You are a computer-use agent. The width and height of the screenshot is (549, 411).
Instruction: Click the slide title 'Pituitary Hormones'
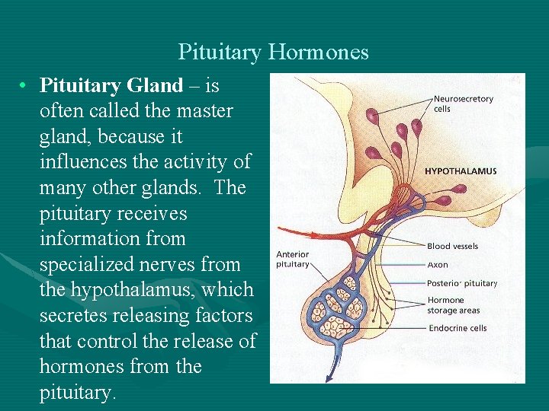click(x=273, y=52)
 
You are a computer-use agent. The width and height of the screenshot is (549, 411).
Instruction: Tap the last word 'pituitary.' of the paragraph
click(x=77, y=392)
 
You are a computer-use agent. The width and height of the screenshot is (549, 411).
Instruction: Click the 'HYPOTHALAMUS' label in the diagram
click(x=461, y=171)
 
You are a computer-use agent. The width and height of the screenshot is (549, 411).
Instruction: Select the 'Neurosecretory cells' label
click(x=463, y=104)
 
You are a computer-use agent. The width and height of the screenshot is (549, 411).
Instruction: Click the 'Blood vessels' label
click(x=452, y=246)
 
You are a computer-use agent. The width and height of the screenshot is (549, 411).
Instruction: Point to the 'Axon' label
click(x=438, y=265)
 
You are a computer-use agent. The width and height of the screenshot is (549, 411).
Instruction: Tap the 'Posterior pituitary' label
click(x=462, y=283)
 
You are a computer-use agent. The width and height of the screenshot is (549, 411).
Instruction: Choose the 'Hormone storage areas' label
click(x=453, y=305)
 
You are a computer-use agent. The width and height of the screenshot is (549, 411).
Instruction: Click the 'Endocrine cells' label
click(x=457, y=329)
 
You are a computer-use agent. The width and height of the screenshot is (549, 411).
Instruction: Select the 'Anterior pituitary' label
click(x=293, y=260)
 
